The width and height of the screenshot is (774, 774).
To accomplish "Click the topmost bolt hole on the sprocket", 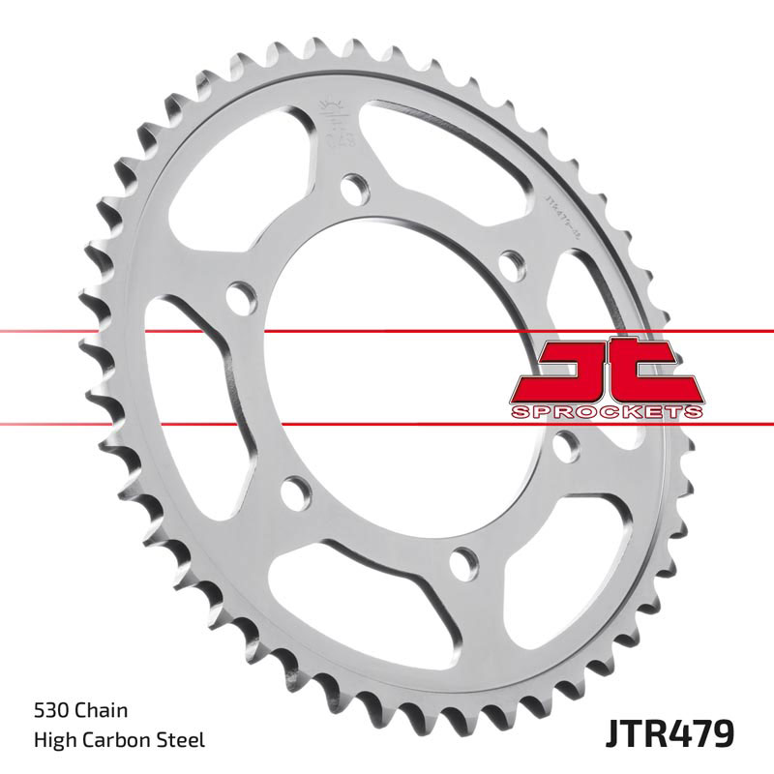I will [x=355, y=184].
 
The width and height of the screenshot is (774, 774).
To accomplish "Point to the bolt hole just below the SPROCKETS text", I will [x=568, y=444].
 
